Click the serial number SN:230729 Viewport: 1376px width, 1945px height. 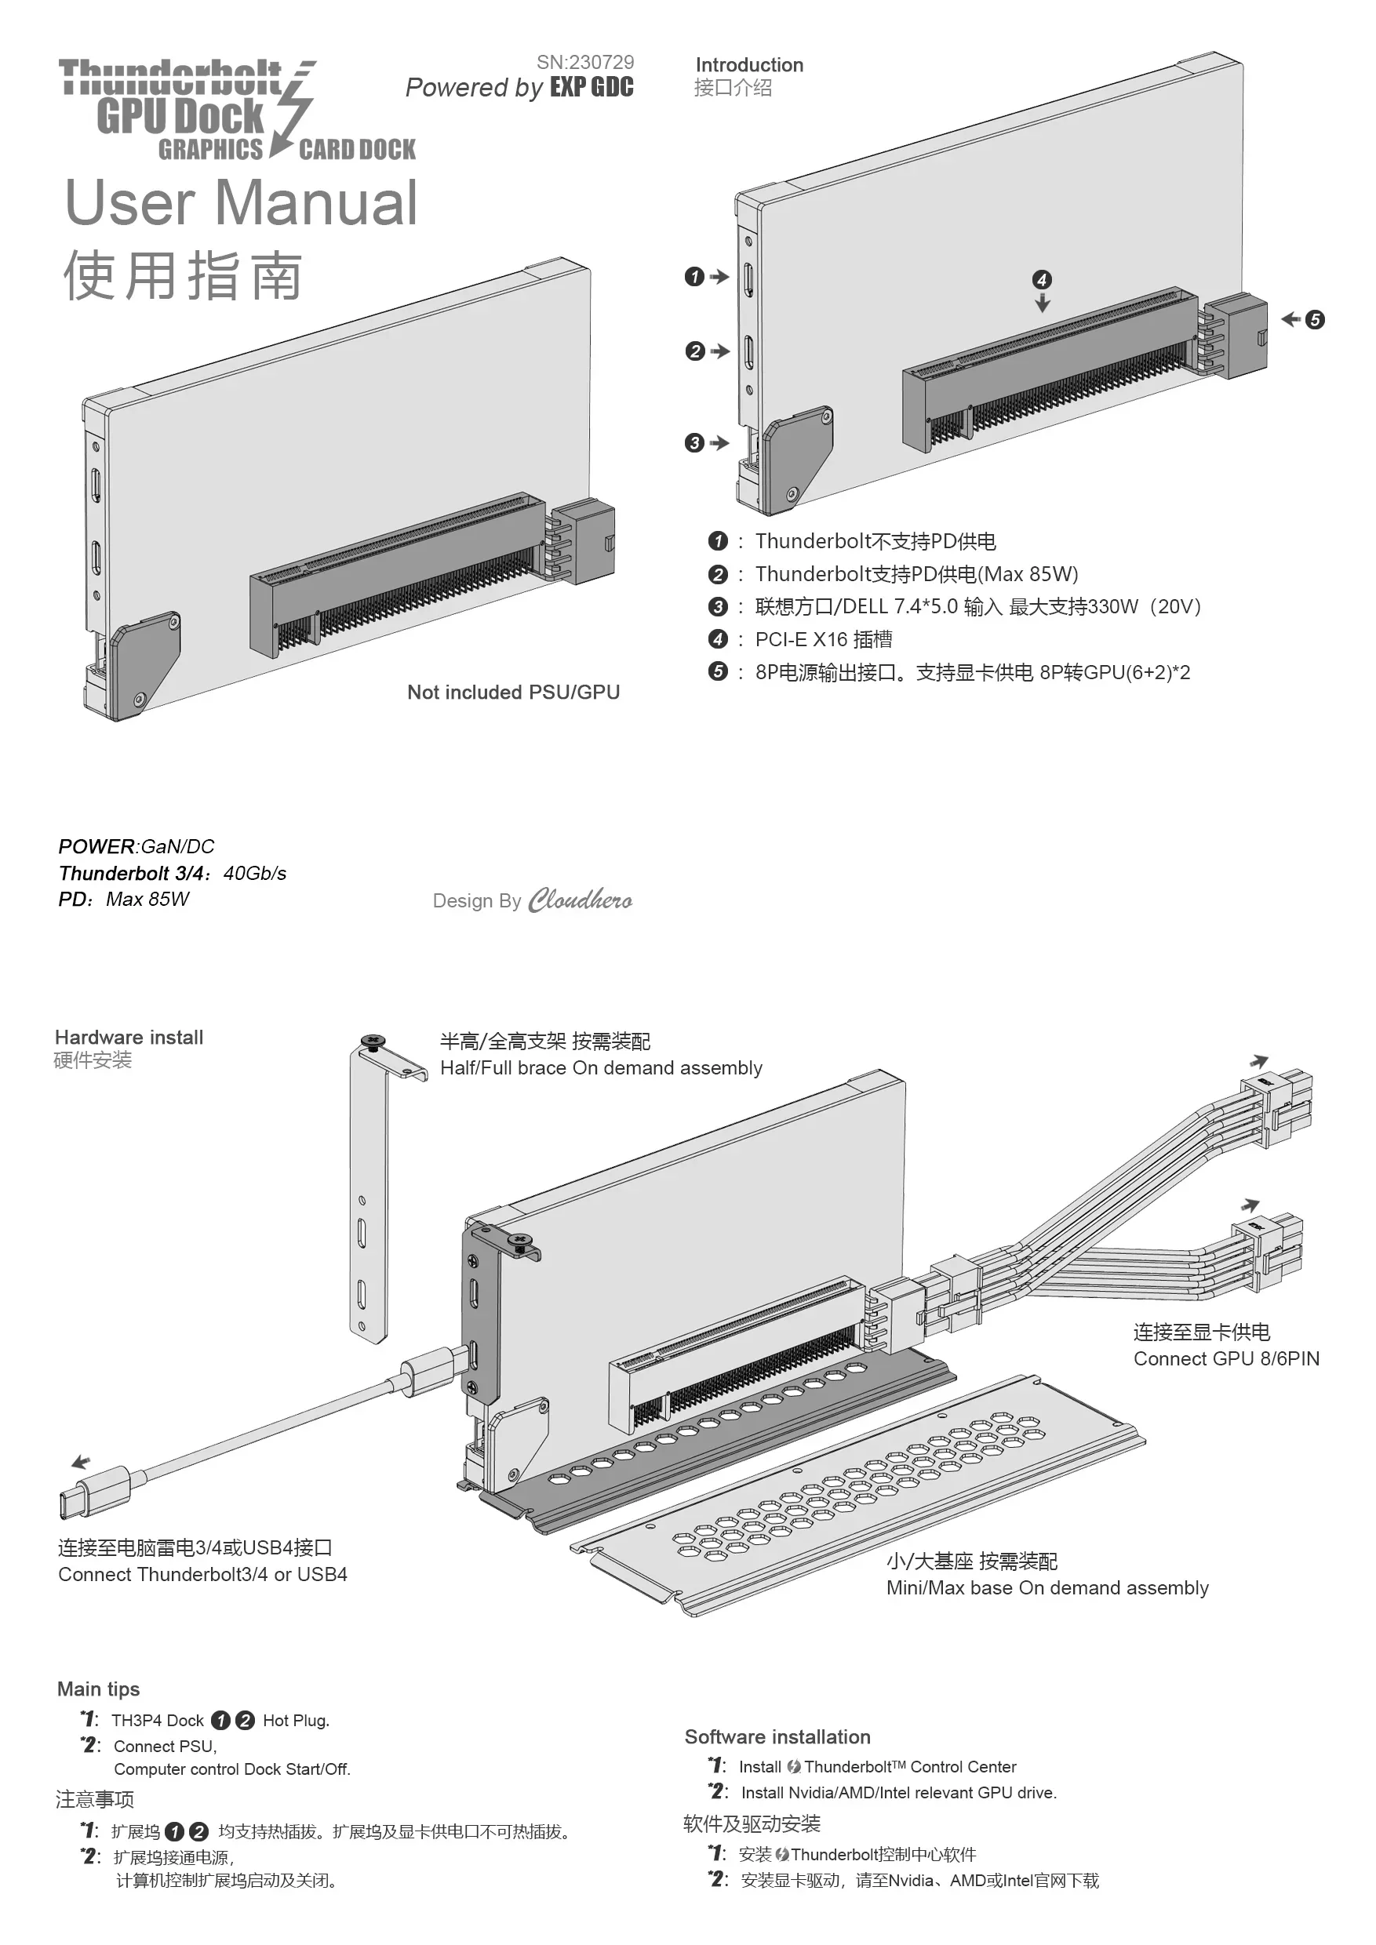pyautogui.click(x=584, y=62)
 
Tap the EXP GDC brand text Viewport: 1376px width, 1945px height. pyautogui.click(x=592, y=87)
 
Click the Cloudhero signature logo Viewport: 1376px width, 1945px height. pyautogui.click(x=580, y=900)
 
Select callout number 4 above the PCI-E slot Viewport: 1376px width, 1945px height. pyautogui.click(x=1041, y=279)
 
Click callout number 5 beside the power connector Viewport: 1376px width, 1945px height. pyautogui.click(x=1314, y=319)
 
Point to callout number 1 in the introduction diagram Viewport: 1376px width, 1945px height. pyautogui.click(x=694, y=277)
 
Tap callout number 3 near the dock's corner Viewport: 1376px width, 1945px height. pyautogui.click(x=694, y=443)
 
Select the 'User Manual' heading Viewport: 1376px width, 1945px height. pyautogui.click(x=242, y=202)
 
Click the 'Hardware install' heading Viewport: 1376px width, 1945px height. pyautogui.click(x=129, y=1037)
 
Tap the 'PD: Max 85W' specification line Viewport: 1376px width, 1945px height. pyautogui.click(x=124, y=899)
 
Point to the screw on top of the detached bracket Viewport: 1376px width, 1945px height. pyautogui.click(x=373, y=1041)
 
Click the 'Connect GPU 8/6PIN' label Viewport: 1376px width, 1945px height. pyautogui.click(x=1226, y=1359)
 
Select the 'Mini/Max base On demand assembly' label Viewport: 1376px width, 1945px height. pyautogui.click(x=1047, y=1587)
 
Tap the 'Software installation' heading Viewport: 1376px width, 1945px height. pyautogui.click(x=777, y=1736)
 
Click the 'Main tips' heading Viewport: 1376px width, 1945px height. pyautogui.click(x=98, y=1689)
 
